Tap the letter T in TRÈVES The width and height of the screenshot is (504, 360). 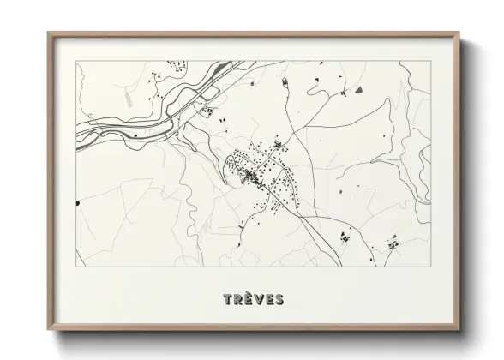[227, 299]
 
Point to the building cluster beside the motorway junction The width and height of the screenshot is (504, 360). [206, 109]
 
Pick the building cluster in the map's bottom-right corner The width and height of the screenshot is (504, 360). [393, 243]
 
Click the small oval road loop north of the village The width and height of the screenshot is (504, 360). [279, 147]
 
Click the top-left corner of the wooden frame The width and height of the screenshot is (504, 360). [48, 33]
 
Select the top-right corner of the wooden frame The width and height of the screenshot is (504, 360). [459, 33]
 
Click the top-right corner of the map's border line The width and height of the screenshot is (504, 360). [429, 62]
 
